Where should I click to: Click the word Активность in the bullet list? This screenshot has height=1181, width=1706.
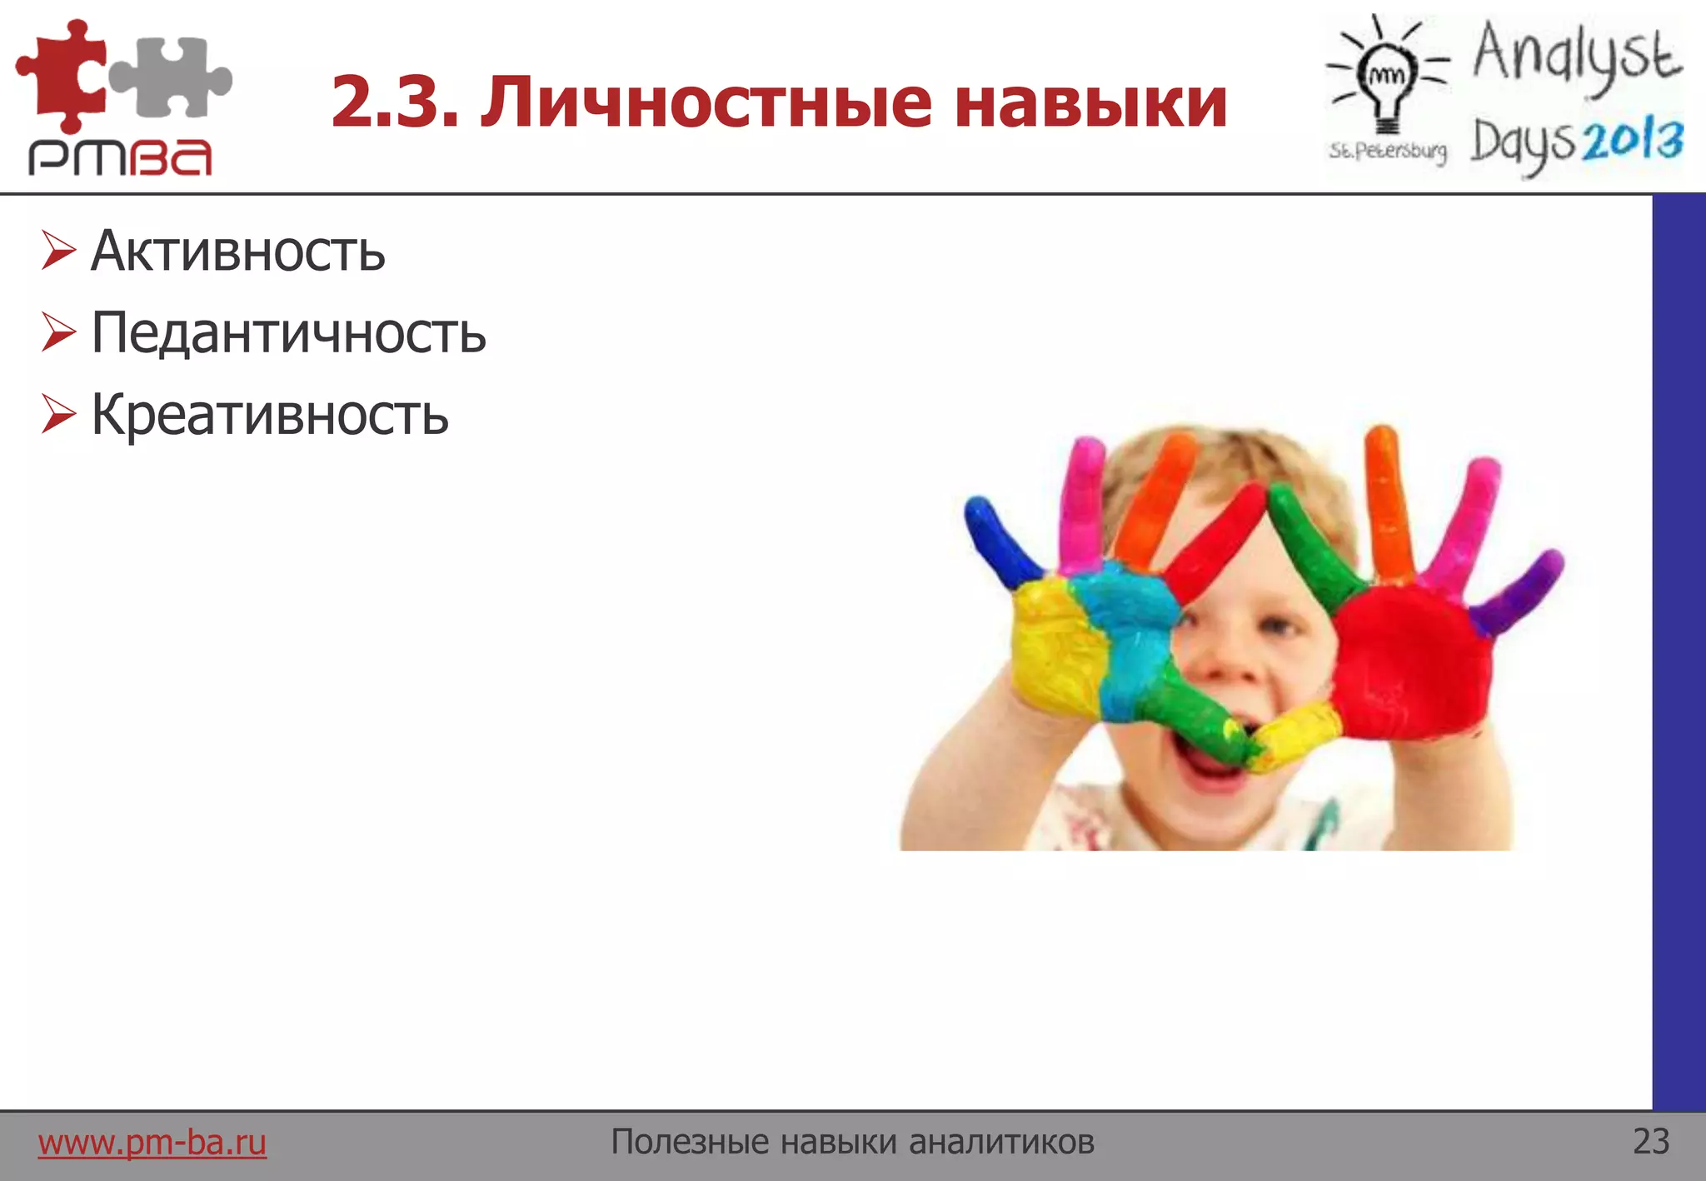238,251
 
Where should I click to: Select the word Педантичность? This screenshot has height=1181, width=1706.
288,333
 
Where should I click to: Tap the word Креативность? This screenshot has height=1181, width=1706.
270,415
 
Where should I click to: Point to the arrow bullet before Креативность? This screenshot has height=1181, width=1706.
58,414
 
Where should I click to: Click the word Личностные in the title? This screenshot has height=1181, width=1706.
706,102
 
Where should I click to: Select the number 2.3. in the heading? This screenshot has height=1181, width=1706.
395,102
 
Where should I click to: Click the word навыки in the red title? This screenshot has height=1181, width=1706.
1091,102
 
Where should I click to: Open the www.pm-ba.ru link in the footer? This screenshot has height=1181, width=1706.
152,1142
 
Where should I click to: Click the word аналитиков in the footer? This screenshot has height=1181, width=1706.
1001,1142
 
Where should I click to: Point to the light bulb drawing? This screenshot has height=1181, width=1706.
1386,79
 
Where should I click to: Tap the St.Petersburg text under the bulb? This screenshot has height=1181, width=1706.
1388,151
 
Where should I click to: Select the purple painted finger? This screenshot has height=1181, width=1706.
1516,595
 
